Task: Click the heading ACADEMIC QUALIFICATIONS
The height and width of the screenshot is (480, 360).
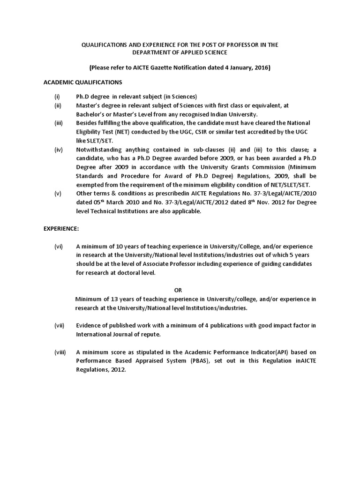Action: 83,82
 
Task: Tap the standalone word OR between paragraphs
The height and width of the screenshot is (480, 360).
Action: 178,290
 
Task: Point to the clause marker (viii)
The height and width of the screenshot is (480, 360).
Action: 60,352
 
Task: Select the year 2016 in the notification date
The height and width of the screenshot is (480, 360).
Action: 262,67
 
